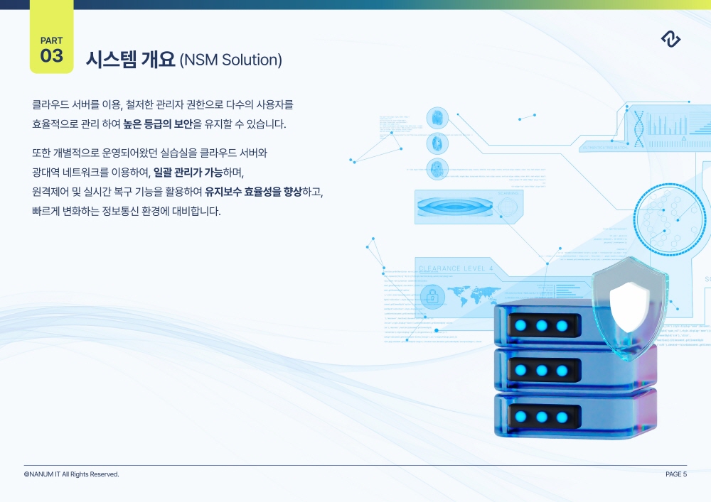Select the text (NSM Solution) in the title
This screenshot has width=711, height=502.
pos(231,60)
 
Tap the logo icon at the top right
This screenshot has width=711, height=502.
pos(670,40)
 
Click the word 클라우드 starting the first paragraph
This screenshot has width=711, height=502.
pos(50,105)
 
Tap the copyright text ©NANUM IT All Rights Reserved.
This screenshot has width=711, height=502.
pos(71,474)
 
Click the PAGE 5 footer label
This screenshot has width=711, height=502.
pos(676,474)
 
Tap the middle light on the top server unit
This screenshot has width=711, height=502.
pos(542,326)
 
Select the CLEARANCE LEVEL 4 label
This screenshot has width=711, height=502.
pos(456,268)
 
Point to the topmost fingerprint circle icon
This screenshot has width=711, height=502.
pos(437,118)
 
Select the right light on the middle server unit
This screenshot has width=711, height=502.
pos(562,371)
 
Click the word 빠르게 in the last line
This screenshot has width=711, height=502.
pos(44,212)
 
